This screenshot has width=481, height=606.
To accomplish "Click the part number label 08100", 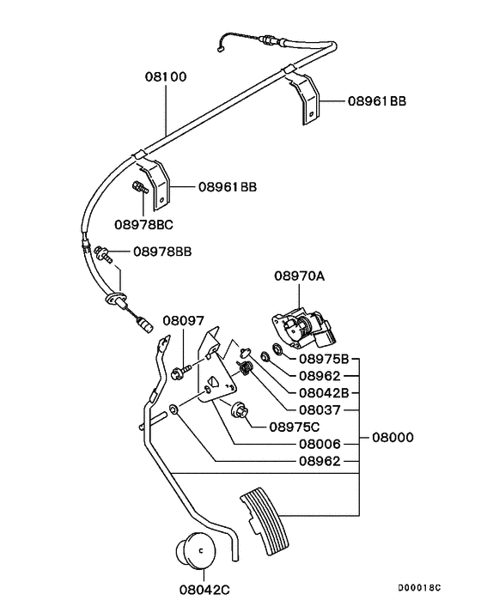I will [x=164, y=76].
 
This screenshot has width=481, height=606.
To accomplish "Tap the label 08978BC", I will [x=144, y=225].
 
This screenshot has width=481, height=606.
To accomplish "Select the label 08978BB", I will [x=161, y=251].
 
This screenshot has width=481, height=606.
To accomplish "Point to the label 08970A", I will [x=298, y=276].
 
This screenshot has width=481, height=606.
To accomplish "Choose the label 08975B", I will [x=324, y=358].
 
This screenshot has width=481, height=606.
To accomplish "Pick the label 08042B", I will [x=324, y=392].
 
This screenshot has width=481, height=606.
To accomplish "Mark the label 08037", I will [x=320, y=409].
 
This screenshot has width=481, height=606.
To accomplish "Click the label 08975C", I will [x=294, y=426].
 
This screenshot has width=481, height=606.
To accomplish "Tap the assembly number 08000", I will [x=393, y=437].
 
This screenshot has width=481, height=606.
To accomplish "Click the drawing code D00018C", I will [x=418, y=587].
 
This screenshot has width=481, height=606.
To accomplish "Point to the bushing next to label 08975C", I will [x=238, y=411].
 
